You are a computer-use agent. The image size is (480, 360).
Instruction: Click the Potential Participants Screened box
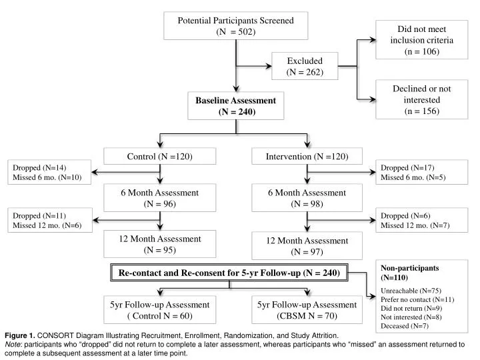click(x=235, y=27)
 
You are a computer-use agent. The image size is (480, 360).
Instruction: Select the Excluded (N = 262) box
click(x=305, y=67)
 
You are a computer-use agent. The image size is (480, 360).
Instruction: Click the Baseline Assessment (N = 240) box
click(x=235, y=106)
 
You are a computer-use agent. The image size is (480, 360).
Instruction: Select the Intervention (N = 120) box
click(x=307, y=157)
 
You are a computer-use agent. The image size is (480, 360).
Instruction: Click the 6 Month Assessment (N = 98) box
click(x=307, y=198)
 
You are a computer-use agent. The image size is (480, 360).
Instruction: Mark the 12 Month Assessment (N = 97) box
click(x=307, y=246)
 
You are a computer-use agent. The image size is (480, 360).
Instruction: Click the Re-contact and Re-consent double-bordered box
click(x=229, y=273)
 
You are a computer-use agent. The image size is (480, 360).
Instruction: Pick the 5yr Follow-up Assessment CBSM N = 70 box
click(x=307, y=310)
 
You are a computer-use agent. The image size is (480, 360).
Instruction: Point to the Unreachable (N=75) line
click(x=407, y=291)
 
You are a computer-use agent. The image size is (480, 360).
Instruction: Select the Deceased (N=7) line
click(x=403, y=325)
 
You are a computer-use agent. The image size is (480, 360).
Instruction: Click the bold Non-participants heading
click(x=409, y=267)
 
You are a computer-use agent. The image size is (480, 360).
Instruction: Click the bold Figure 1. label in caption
click(x=19, y=336)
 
